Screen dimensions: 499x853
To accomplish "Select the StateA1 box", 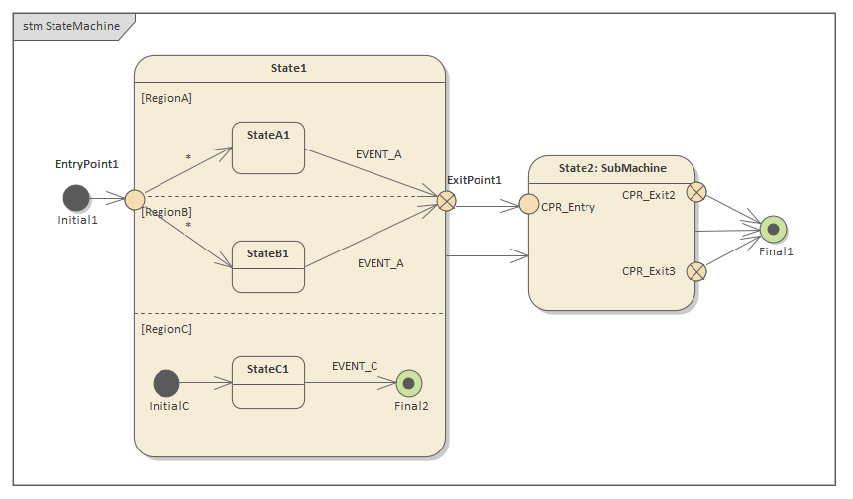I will (268, 149).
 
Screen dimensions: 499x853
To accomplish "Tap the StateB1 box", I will (268, 266).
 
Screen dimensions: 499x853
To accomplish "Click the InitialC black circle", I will (166, 383).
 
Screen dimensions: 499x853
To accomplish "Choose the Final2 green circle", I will (409, 383).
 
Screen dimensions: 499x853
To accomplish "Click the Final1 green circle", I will (773, 230).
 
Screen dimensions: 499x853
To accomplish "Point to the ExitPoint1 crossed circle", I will (447, 201).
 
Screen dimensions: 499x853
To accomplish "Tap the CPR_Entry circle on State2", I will (529, 205).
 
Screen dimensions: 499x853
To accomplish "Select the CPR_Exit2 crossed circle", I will (696, 192).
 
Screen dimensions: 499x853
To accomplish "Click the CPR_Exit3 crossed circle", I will (696, 270).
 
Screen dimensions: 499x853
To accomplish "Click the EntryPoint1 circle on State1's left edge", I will (135, 200).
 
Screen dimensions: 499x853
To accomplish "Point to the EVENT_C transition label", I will (355, 366).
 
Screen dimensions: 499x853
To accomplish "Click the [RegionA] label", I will (166, 98).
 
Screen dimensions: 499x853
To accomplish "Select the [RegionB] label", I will (166, 212).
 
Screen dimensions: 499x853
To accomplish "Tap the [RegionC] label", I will (166, 329).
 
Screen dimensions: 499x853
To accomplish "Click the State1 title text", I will (289, 68).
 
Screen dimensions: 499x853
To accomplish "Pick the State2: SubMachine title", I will (612, 168).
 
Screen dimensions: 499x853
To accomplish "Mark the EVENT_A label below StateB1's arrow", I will (380, 263).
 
